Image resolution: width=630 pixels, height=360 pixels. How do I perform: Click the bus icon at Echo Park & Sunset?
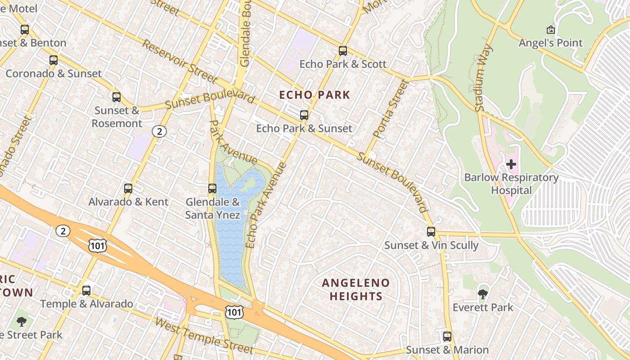pyautogui.click(x=304, y=115)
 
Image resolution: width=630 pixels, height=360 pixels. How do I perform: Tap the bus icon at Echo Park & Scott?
pyautogui.click(x=343, y=51)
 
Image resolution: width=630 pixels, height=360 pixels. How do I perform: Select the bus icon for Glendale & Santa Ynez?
pyautogui.click(x=212, y=189)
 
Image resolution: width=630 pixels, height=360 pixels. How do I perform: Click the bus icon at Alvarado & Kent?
pyautogui.click(x=128, y=189)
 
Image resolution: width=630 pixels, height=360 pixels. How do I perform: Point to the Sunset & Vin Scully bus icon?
pyautogui.click(x=431, y=232)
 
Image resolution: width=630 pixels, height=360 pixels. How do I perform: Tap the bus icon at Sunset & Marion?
pyautogui.click(x=447, y=337)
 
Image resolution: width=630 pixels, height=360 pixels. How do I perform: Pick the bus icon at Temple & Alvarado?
pyautogui.click(x=86, y=291)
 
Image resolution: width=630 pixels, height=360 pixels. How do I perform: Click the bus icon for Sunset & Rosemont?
pyautogui.click(x=117, y=97)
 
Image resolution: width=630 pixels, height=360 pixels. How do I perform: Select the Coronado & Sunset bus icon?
pyautogui.click(x=54, y=60)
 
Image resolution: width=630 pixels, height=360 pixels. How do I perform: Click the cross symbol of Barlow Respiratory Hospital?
pyautogui.click(x=511, y=164)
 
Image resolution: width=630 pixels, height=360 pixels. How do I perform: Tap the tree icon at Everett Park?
pyautogui.click(x=483, y=294)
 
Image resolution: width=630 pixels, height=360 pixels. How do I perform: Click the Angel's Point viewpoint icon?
pyautogui.click(x=550, y=30)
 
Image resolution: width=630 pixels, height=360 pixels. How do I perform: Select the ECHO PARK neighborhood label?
pyautogui.click(x=315, y=95)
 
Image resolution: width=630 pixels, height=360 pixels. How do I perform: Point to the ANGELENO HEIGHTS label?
pyautogui.click(x=356, y=289)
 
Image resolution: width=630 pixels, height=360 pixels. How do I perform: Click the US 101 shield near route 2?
pyautogui.click(x=98, y=245)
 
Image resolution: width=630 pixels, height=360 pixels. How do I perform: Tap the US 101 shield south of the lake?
pyautogui.click(x=234, y=311)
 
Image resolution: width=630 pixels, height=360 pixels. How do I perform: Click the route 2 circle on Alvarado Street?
pyautogui.click(x=159, y=131)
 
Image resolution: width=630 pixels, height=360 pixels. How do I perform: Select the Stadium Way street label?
pyautogui.click(x=484, y=78)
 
